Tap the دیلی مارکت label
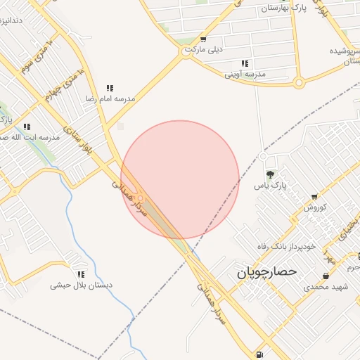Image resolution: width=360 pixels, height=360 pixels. point(204,51)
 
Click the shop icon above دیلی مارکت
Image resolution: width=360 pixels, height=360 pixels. point(203,39)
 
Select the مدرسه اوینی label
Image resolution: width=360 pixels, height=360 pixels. point(245,74)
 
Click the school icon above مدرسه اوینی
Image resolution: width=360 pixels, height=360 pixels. point(245,63)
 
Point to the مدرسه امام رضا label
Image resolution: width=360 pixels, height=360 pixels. point(110,99)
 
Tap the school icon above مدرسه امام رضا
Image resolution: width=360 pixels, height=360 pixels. point(110,88)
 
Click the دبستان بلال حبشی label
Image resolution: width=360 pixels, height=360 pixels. point(81,285)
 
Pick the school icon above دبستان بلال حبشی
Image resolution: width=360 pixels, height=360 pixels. point(81,274)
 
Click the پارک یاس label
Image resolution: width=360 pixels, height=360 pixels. point(270,186)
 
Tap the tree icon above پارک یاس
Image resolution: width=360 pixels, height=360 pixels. point(270,174)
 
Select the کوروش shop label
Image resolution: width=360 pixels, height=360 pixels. point(315,208)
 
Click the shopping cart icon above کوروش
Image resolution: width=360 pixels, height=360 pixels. point(314,198)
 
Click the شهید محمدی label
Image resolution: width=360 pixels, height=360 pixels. point(325,287)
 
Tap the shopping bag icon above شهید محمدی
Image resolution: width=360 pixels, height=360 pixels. point(325,276)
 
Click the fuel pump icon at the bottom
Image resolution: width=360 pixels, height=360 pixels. point(261,353)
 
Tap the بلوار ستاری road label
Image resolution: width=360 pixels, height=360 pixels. point(75,143)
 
